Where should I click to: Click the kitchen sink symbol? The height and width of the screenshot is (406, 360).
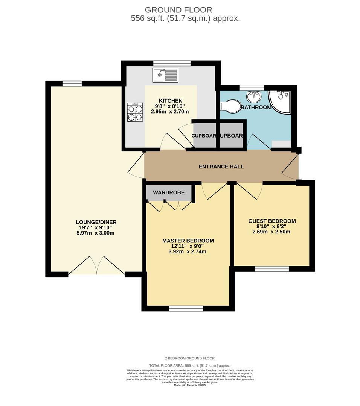coord(165,75)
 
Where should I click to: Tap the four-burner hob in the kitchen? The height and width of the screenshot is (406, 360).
coord(134,112)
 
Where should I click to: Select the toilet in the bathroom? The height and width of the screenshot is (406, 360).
coord(230,106)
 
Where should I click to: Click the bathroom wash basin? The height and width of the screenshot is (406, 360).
coord(254,97)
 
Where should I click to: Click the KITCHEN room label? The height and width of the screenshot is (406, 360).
coord(170,101)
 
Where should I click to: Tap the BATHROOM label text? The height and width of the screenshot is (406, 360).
coord(256,108)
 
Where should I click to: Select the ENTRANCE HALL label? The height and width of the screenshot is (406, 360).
coord(221,167)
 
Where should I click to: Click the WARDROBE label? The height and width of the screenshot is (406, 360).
coord(169,192)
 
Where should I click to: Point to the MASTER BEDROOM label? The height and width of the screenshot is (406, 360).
coord(188,241)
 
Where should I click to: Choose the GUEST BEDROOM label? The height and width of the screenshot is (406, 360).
coord(272,221)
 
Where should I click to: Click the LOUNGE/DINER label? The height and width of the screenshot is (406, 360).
coord(96,222)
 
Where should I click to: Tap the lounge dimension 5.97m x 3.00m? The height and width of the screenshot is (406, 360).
coord(95,233)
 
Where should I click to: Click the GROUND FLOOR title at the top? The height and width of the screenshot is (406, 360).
coord(178,10)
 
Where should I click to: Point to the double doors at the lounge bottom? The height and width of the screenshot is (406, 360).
coord(97,266)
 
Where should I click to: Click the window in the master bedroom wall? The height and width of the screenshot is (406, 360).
coord(186,309)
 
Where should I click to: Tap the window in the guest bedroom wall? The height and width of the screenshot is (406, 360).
coord(272,269)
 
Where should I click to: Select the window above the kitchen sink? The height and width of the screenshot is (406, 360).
coord(171,63)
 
